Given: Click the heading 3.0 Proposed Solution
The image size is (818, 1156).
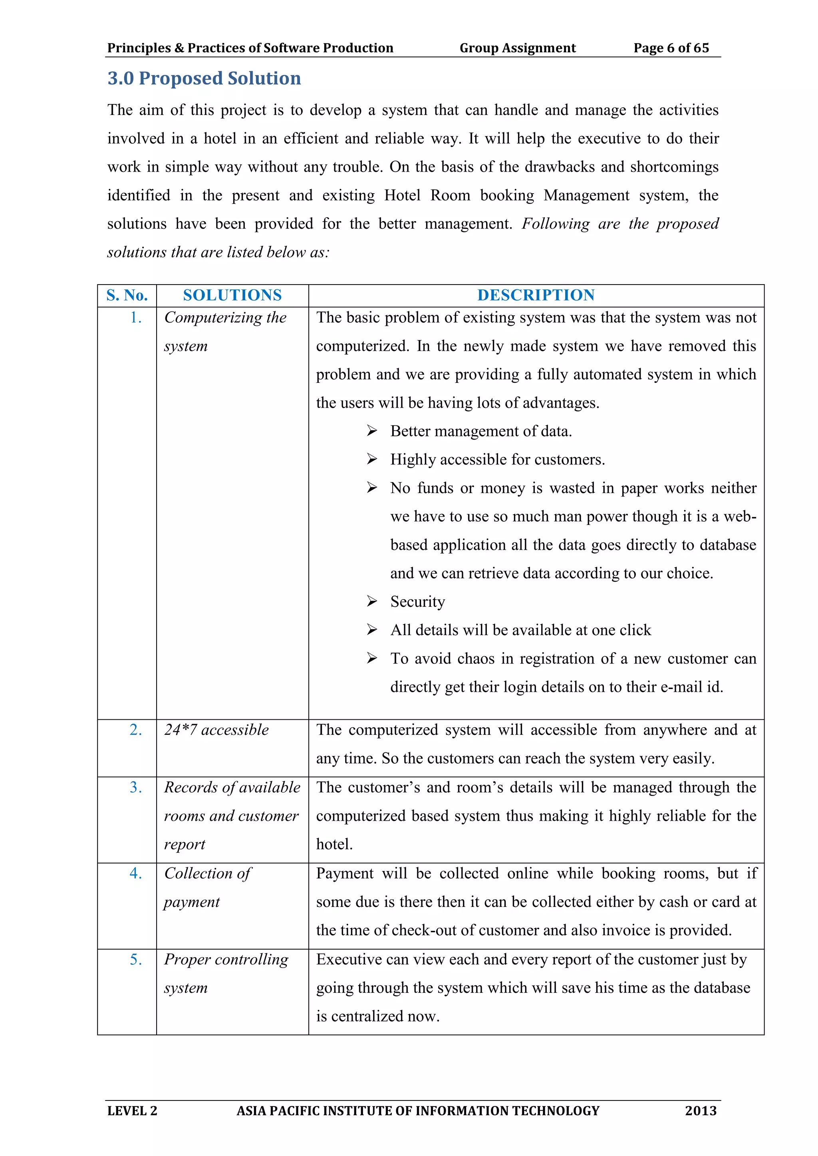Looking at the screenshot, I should [x=204, y=79].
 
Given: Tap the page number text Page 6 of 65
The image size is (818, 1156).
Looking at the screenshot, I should [x=671, y=48].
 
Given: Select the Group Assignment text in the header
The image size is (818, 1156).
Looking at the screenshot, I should [x=517, y=48].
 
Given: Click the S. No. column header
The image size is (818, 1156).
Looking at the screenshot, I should [x=127, y=295].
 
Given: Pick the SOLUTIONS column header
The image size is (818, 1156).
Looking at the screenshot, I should [x=232, y=295].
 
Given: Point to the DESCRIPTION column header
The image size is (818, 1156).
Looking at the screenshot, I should [x=536, y=295].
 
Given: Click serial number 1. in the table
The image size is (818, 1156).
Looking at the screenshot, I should [x=135, y=318].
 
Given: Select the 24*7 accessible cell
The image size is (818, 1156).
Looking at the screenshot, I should [x=216, y=730].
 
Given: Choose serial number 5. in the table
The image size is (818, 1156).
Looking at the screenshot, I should [x=135, y=959].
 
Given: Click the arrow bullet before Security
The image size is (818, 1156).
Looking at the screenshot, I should [x=372, y=601].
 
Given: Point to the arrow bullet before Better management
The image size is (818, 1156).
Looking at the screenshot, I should [x=372, y=431].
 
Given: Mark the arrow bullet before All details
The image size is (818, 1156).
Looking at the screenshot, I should [x=372, y=630].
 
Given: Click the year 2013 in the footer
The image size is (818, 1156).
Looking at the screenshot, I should [x=700, y=1110].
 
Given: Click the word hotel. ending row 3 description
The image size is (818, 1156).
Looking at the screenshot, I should [x=334, y=844].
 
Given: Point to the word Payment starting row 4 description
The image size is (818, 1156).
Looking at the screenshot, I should [x=345, y=873].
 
